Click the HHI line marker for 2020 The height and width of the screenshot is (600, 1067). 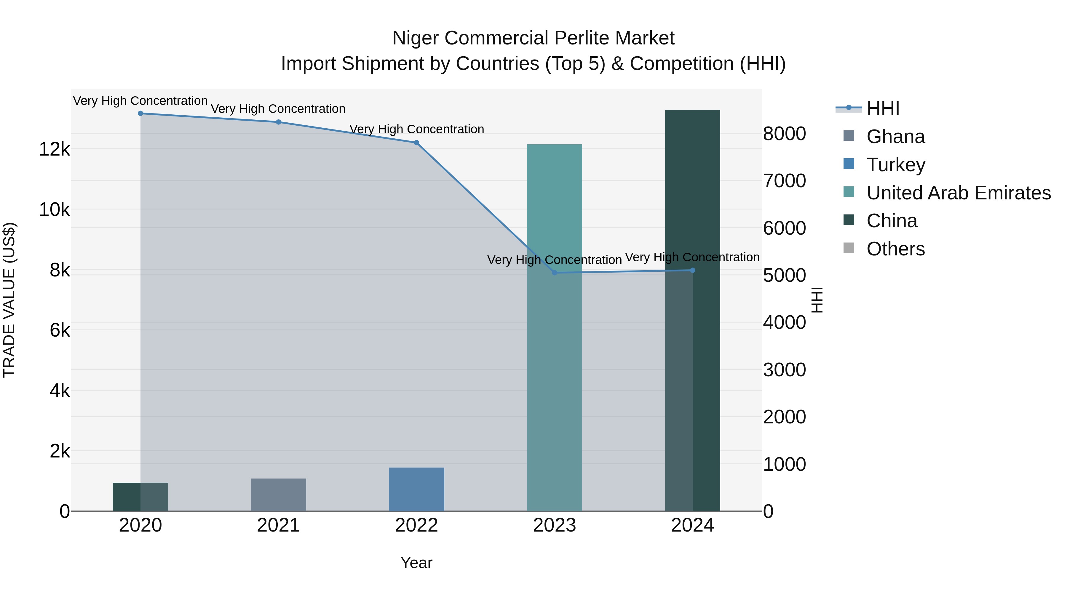(140, 113)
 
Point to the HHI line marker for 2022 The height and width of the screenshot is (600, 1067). (416, 143)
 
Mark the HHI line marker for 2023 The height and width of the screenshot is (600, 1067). (555, 273)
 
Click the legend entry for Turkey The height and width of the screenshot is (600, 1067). (895, 165)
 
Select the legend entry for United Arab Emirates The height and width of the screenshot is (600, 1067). (958, 193)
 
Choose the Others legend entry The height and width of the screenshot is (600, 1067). (895, 249)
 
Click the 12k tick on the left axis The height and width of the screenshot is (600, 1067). (55, 149)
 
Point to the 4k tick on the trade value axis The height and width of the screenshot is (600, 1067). (60, 391)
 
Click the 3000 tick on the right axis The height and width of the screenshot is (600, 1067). (784, 370)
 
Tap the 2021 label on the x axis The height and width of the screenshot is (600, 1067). (278, 525)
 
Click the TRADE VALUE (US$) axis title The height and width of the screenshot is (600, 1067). (9, 300)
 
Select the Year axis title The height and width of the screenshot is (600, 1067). (416, 563)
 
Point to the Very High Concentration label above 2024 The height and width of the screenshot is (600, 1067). (692, 257)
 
